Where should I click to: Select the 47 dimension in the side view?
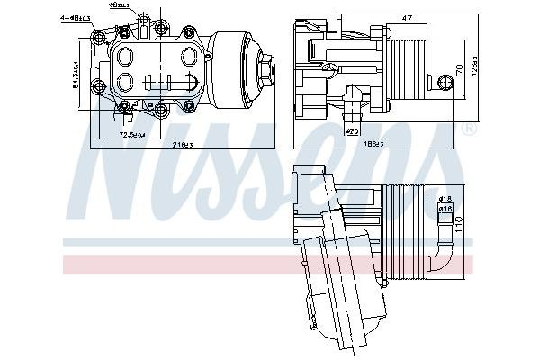coord(407,17)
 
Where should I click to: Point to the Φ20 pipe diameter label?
coord(353,130)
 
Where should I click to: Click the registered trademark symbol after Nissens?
coord(468,131)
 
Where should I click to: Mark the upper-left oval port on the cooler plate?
coord(125,55)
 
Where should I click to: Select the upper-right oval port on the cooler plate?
coord(186,56)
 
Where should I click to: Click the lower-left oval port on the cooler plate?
coord(125,84)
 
